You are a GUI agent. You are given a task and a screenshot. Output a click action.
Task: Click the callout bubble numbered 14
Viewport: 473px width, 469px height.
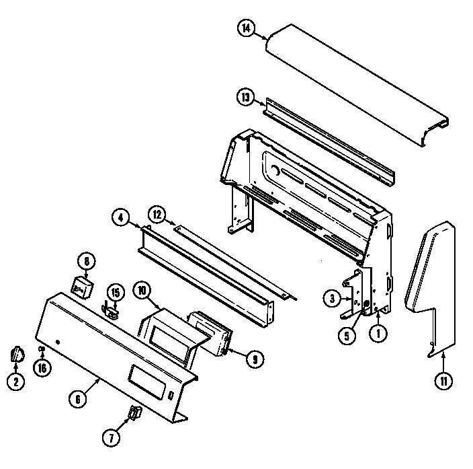(247, 29)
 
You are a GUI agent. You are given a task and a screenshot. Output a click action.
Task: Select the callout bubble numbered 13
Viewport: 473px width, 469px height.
(246, 98)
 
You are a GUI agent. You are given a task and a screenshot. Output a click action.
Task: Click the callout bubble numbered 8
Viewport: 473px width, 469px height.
(86, 260)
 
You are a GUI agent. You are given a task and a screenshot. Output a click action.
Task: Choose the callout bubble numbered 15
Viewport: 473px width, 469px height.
(115, 292)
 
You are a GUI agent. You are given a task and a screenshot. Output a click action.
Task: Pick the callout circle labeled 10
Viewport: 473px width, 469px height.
(141, 291)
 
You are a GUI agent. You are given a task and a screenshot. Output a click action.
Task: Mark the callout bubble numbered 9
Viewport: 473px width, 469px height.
(253, 359)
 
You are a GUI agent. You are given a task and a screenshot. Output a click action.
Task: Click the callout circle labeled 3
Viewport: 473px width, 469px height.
(330, 298)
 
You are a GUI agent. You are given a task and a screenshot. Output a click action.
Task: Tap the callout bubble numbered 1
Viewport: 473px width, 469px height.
(380, 332)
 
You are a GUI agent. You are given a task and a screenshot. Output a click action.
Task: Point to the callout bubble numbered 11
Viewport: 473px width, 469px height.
(443, 382)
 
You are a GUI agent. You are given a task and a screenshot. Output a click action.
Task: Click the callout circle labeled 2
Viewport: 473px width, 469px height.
(15, 382)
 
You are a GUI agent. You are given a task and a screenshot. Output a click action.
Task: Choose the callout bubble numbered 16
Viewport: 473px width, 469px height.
(42, 368)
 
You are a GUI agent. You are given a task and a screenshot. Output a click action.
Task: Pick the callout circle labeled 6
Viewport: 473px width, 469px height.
(78, 397)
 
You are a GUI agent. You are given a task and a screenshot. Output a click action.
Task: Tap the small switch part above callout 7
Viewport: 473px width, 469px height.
(134, 413)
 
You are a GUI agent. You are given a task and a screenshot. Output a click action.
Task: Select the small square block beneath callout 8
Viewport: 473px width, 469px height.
(82, 285)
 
